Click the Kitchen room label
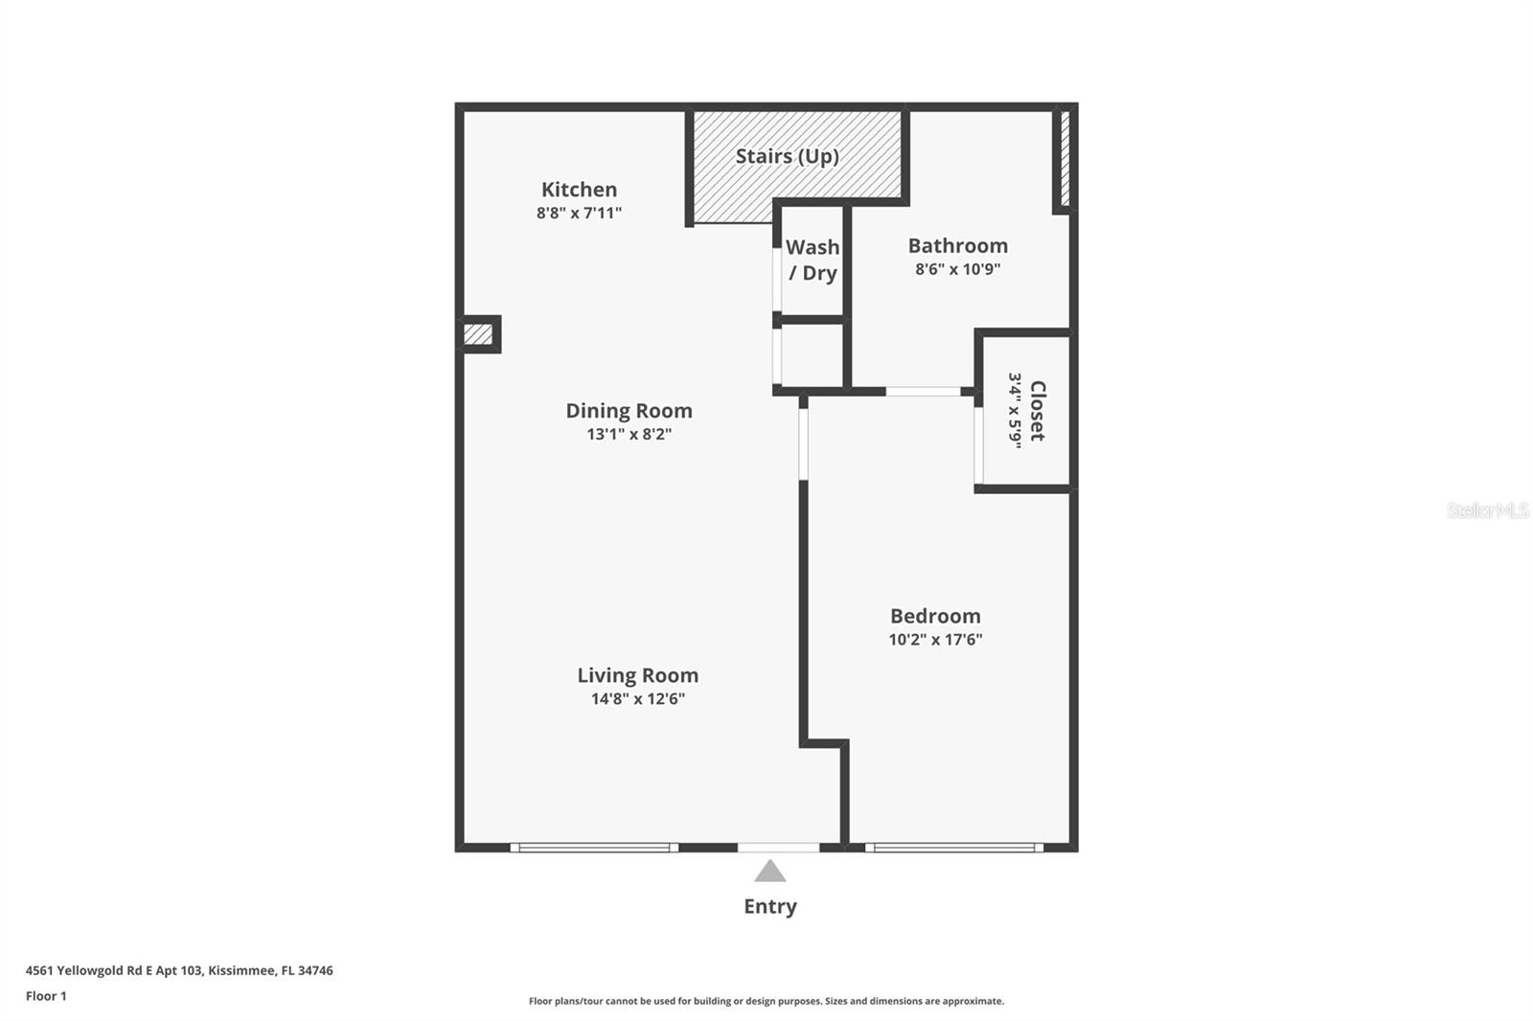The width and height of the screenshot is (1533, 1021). coord(579,190)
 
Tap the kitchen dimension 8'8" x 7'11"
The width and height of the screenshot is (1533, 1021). coord(579,213)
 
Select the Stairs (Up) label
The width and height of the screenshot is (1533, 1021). coord(787,156)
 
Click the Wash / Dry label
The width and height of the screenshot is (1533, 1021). coord(812,261)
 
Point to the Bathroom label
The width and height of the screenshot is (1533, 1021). coord(957,246)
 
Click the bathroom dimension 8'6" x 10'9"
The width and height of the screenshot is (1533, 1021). coord(957,269)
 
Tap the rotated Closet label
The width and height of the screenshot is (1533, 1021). coord(1038,411)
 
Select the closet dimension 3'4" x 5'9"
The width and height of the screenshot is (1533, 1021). coord(1015,411)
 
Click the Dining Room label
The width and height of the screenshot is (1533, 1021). coord(629,411)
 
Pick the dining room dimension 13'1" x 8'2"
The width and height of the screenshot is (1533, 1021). coord(629,434)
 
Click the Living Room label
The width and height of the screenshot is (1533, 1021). coord(637,675)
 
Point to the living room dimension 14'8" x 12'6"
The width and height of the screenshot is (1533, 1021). coord(637,699)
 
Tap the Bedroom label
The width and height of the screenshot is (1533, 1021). coord(935,616)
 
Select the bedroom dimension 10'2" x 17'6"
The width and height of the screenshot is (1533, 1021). coord(935,640)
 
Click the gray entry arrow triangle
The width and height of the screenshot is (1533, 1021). coord(770,872)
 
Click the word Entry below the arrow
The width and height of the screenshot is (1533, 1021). coord(770,906)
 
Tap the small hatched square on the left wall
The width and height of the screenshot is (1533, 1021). coord(478,334)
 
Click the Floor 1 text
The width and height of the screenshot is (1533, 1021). coord(46,996)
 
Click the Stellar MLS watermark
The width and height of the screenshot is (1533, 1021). coord(1487,510)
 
